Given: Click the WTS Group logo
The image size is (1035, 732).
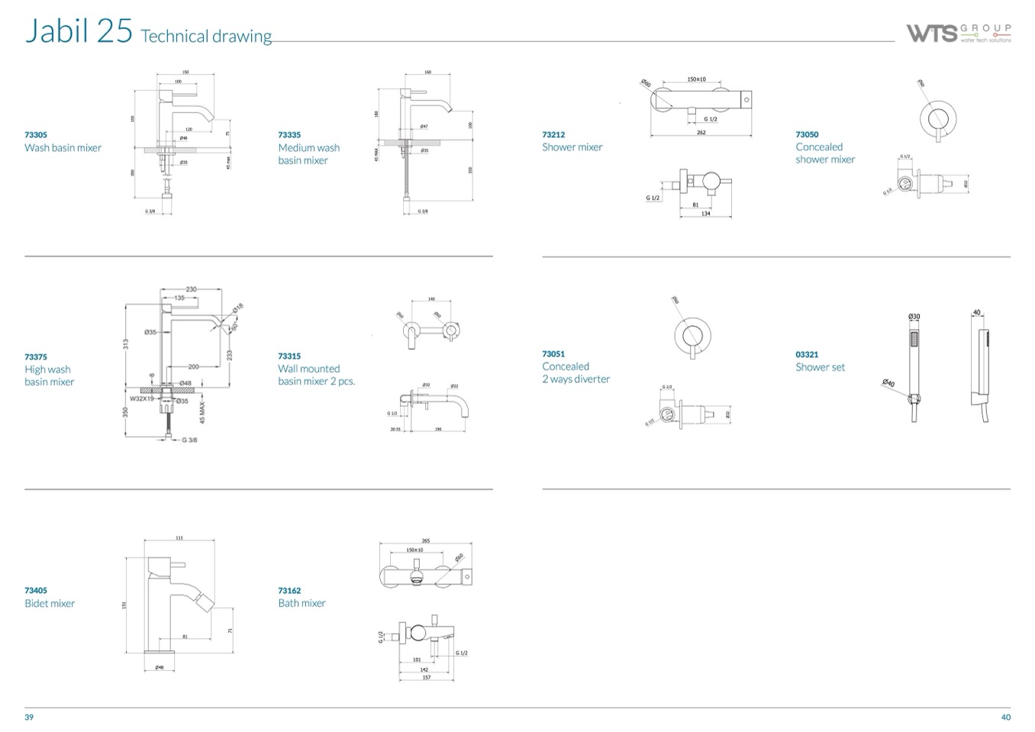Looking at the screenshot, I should point(958,33).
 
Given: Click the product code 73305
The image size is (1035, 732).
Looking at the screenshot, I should point(36,135).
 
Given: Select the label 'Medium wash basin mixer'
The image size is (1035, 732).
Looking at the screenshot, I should point(308,153).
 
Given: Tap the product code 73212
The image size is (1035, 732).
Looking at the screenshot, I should point(553,135).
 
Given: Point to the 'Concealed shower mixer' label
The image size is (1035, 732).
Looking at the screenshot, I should point(824,153).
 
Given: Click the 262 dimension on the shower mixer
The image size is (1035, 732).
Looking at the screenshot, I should point(701,133).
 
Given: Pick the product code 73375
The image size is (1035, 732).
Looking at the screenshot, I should point(36,356).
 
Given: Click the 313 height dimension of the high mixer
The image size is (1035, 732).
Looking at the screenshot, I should point(126,344).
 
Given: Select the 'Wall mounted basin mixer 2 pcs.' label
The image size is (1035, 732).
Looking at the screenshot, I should point(316,375).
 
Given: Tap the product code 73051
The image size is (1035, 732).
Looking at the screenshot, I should point(553,354).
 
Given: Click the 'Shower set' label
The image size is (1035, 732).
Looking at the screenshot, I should point(820,367).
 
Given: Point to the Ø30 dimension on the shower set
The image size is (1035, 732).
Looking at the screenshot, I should point(914,317).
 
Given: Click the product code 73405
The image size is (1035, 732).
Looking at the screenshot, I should point(36,590).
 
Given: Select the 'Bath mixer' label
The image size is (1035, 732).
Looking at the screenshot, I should point(301,603).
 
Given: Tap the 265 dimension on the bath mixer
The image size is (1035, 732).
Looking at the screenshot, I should point(425,541).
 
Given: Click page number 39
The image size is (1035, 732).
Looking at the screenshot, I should point(29,717).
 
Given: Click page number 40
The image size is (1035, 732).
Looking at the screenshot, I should point(1005,717).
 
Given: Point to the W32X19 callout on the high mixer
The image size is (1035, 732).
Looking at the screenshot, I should point(142,398).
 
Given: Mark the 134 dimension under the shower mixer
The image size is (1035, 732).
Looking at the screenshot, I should point(705,214).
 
